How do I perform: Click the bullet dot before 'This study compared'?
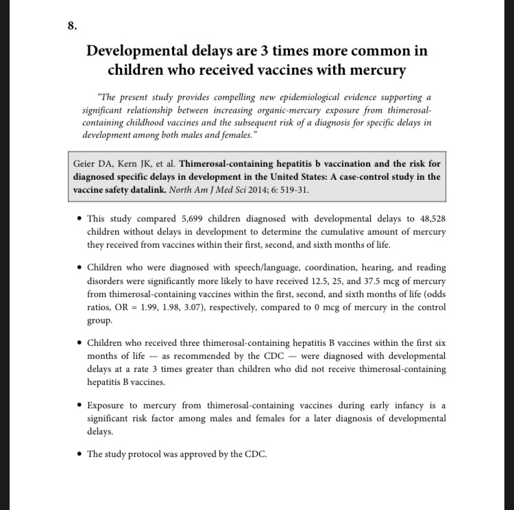click(x=80, y=219)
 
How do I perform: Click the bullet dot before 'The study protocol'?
click(x=80, y=454)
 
